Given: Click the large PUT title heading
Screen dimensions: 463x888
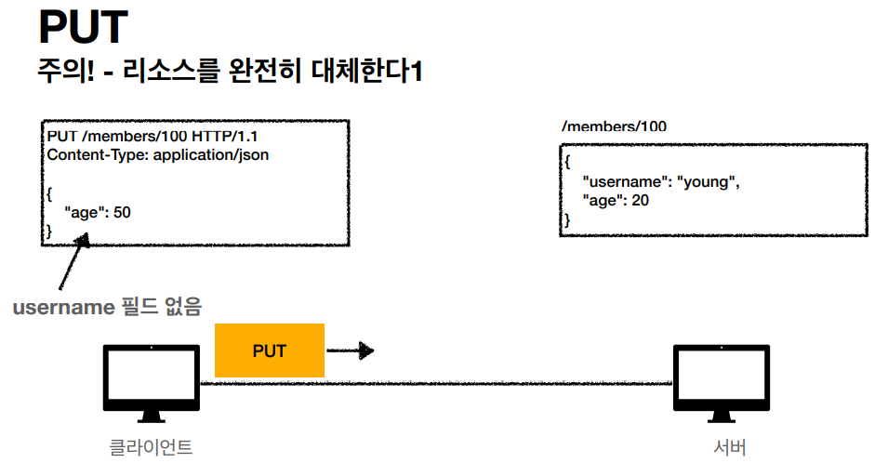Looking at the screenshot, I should pyautogui.click(x=82, y=28).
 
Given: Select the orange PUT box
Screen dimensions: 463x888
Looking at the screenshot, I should pyautogui.click(x=269, y=351).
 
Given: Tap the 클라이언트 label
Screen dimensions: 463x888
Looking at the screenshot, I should pyautogui.click(x=151, y=447).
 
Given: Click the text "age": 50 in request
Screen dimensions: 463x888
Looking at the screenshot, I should pyautogui.click(x=98, y=213).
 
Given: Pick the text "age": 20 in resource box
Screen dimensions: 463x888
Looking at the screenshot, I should pyautogui.click(x=615, y=201).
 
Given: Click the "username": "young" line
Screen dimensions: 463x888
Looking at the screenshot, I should pyautogui.click(x=660, y=182).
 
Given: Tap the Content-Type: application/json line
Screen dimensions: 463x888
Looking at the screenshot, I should pyautogui.click(x=158, y=155).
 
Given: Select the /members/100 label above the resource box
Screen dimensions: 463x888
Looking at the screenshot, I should pyautogui.click(x=614, y=126).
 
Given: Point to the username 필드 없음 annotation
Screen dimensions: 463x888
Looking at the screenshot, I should pyautogui.click(x=107, y=306).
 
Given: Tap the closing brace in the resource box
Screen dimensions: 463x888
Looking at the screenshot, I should pyautogui.click(x=567, y=219).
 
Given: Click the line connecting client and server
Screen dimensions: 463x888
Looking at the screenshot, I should pyautogui.click(x=437, y=383).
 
